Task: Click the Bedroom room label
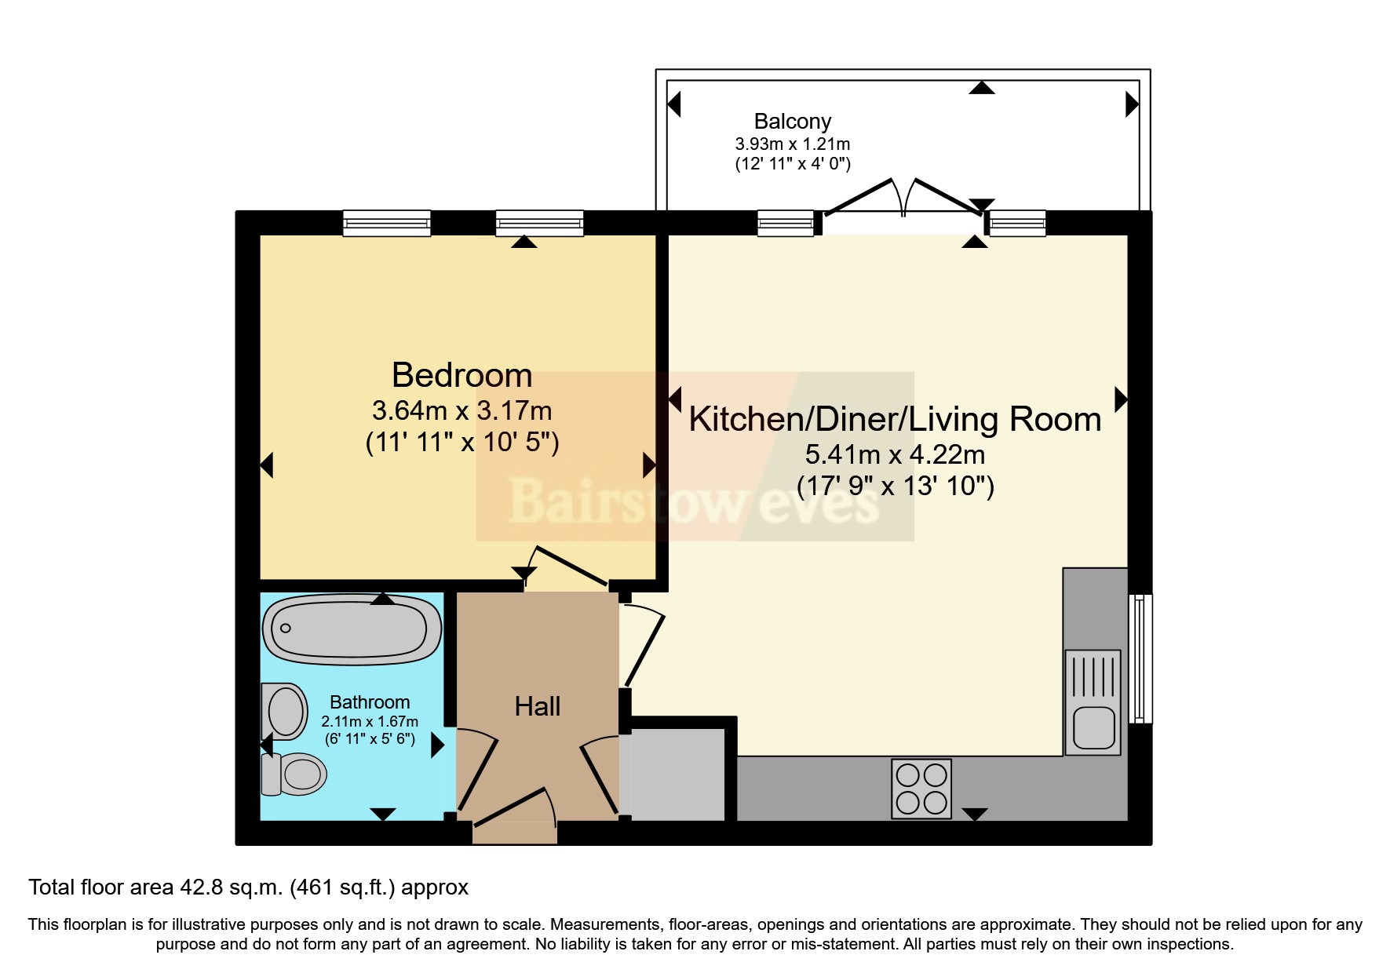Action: point(462,375)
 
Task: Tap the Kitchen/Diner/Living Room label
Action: point(895,419)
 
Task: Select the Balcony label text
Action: point(792,122)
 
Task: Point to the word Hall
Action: point(538,706)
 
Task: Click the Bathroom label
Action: point(370,702)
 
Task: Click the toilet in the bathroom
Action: point(295,774)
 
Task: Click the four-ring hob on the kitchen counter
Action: point(921,788)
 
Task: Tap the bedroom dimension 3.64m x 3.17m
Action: point(462,410)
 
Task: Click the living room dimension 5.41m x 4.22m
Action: point(895,454)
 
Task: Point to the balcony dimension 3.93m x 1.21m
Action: point(792,144)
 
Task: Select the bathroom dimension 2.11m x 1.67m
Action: point(370,721)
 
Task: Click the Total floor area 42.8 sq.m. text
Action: point(248,887)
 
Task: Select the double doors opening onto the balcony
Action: point(903,200)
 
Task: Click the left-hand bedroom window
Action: point(387,224)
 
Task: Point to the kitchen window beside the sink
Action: point(1140,658)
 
